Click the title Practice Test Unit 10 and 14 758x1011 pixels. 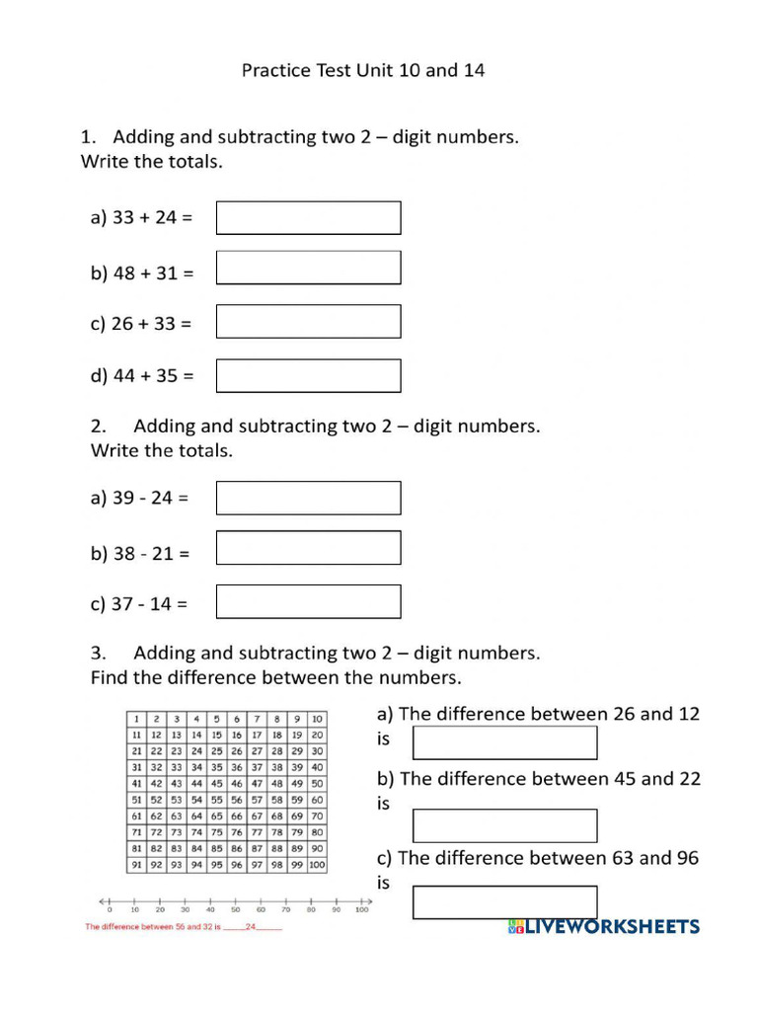click(363, 71)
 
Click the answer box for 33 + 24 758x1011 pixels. click(308, 218)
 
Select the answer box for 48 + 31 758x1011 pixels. click(308, 268)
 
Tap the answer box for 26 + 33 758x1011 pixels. click(308, 322)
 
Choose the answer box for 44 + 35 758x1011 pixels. click(308, 375)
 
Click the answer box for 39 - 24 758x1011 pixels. click(308, 498)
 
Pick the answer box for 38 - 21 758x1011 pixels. click(308, 548)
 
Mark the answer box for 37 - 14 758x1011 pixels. click(308, 601)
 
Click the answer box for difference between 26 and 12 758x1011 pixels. click(504, 742)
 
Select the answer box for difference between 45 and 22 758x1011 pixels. click(504, 825)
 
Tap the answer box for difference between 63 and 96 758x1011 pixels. click(504, 902)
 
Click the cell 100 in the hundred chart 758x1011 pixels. click(317, 865)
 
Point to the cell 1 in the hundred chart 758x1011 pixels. click(136, 719)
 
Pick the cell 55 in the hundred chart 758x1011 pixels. click(216, 800)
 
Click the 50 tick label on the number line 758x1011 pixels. click(235, 910)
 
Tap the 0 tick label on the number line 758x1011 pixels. click(110, 910)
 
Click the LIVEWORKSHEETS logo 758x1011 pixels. click(604, 927)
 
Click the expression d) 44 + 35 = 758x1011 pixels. click(143, 376)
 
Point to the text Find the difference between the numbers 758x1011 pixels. click(275, 678)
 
